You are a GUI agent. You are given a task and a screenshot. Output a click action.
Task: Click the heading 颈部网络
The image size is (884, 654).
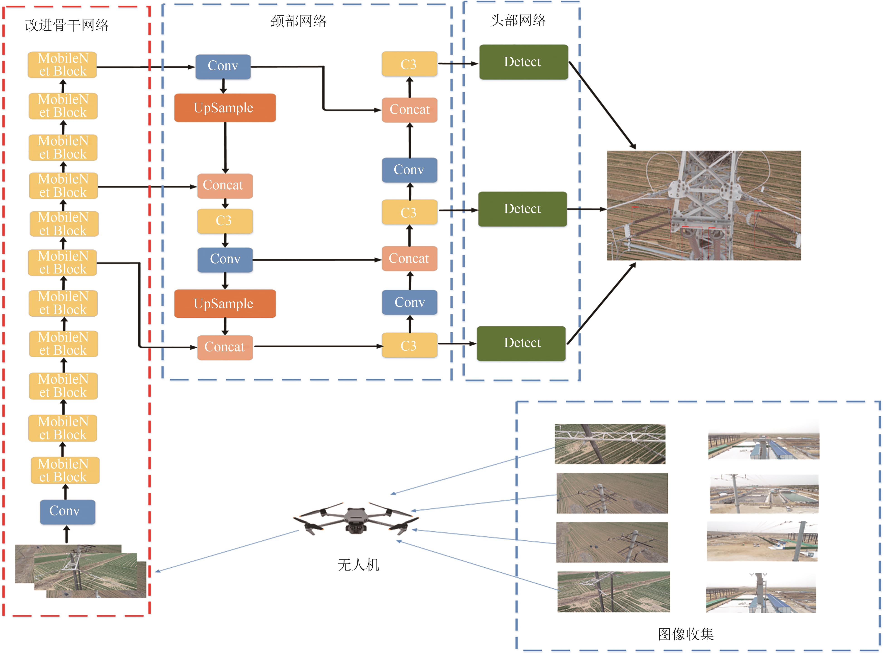point(298,21)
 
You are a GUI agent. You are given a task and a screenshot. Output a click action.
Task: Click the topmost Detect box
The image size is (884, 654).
point(523,62)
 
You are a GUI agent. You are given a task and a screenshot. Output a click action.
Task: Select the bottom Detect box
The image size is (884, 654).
point(521,343)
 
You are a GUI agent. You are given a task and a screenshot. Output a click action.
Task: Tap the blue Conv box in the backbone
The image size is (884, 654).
point(67,512)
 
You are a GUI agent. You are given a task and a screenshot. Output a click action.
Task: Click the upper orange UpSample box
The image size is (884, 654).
point(225,108)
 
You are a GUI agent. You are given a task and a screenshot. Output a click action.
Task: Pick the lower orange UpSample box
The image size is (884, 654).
point(225,304)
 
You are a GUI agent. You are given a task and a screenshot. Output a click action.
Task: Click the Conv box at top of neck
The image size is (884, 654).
point(223,66)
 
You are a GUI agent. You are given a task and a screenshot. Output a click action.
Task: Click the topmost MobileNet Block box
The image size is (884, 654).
point(62,65)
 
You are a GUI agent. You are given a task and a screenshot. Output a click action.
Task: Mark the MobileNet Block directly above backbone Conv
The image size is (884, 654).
point(65,470)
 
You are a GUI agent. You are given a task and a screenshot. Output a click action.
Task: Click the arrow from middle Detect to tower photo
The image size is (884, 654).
point(587,209)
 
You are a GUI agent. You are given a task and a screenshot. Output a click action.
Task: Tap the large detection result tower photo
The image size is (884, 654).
point(703,205)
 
